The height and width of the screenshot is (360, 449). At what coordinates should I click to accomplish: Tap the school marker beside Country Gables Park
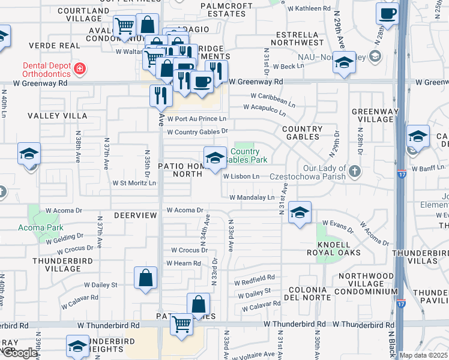215,158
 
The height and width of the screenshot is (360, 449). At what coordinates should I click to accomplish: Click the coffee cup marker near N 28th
387,14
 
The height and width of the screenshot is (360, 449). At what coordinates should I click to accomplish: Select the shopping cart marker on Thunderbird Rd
182,325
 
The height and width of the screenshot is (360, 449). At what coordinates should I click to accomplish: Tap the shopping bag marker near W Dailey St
145,278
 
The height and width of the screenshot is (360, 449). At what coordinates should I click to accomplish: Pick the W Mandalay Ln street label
252,197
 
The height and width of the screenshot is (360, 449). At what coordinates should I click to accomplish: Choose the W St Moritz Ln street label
134,182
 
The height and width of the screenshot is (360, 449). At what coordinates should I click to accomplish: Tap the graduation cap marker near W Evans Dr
300,212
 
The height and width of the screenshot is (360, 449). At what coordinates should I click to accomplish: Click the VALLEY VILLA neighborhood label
56,115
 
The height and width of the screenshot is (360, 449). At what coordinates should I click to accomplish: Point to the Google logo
20,353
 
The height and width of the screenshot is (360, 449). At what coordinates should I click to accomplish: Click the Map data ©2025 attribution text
423,355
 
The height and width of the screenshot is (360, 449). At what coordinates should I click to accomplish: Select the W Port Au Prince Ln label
197,119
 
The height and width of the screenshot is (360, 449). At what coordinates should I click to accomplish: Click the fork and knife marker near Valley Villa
161,94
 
